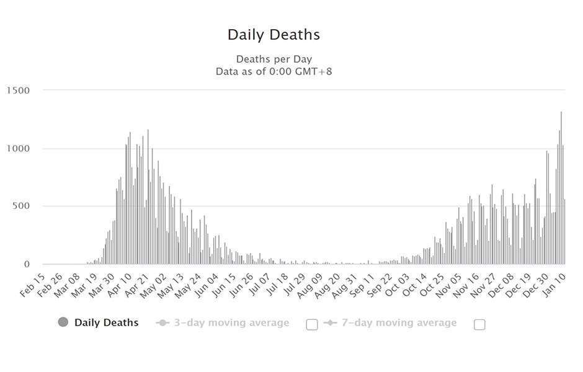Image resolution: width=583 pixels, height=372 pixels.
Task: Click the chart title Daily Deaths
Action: click(274, 35)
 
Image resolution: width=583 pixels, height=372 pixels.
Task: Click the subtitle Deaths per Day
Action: click(274, 60)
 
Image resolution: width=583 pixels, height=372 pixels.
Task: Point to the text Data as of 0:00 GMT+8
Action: click(274, 71)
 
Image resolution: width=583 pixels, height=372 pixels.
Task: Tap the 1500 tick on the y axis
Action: click(18, 91)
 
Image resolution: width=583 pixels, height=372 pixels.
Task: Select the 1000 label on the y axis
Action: click(18, 149)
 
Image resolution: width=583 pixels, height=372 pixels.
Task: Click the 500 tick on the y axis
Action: click(21, 206)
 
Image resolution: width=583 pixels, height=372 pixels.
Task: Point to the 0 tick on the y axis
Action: click(27, 265)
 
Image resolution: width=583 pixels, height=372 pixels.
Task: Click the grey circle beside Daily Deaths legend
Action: click(63, 322)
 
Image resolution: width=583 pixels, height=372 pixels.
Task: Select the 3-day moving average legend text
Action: click(231, 323)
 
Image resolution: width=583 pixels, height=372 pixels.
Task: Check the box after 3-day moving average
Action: click(312, 324)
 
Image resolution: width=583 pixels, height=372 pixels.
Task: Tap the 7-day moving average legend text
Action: click(399, 323)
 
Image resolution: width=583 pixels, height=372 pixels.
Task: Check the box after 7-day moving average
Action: click(479, 324)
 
